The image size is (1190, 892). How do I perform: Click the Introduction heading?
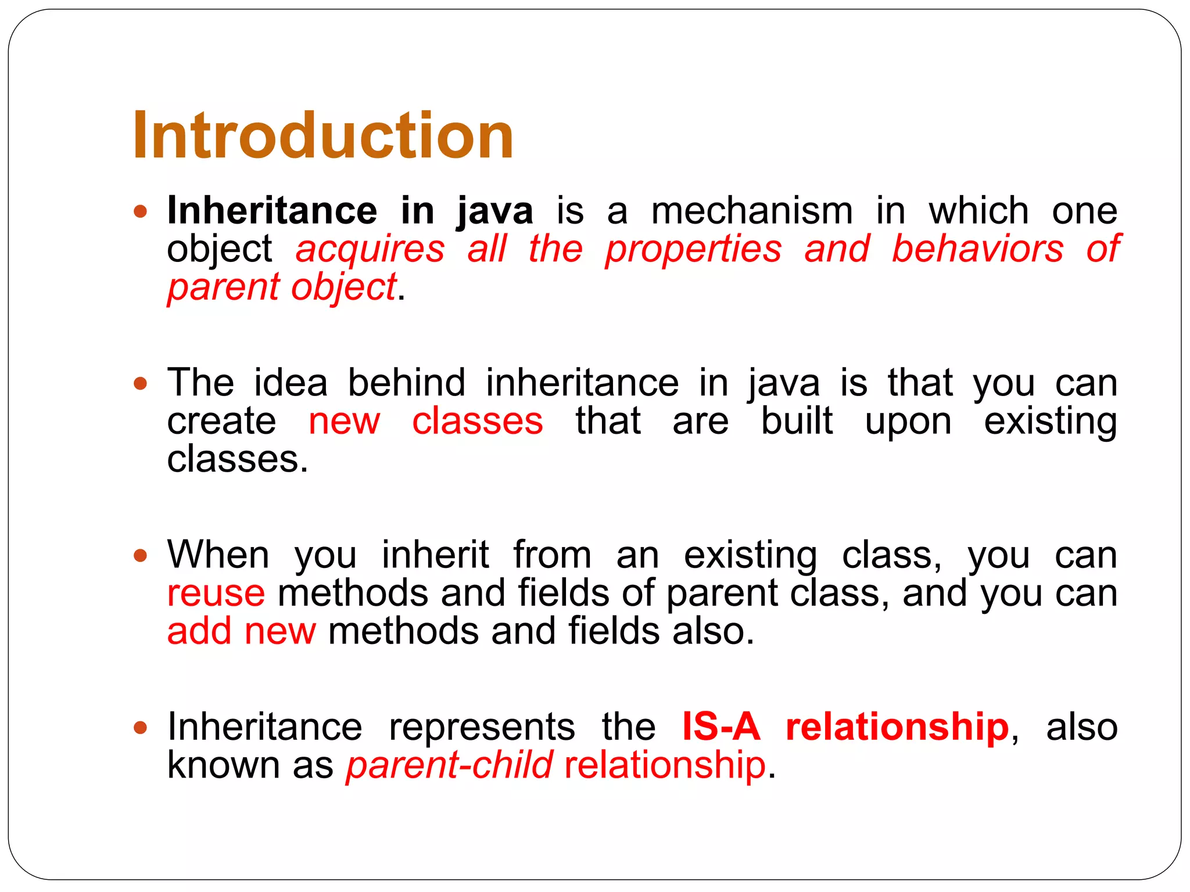322,136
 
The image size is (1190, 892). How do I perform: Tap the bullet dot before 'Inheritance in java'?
140,211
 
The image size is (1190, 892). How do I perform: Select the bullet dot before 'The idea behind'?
140,383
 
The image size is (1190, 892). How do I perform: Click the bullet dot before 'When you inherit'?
140,555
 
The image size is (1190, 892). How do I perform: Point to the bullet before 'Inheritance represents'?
140,727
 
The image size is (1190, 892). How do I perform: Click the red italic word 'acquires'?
370,250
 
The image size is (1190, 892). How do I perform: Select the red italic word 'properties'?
693,250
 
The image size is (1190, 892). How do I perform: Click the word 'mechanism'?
752,211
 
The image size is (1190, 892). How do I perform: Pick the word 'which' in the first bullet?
978,211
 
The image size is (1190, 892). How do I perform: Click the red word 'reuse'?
216,594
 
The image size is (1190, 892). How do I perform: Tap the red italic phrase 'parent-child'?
449,765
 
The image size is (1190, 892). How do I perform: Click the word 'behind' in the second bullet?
407,383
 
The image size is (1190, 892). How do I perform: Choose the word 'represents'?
482,728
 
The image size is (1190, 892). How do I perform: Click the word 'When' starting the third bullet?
218,555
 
